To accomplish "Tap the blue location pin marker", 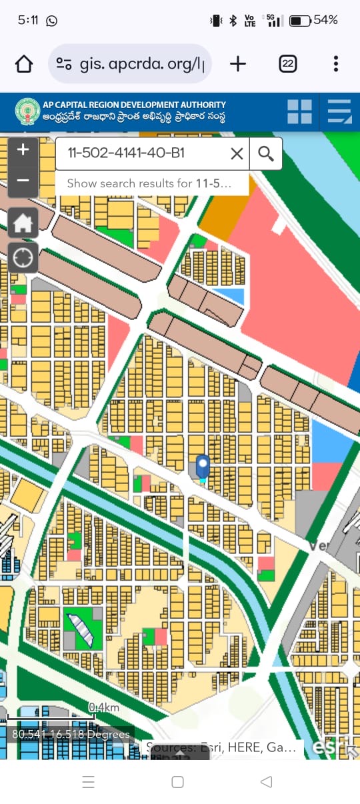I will click(203, 467).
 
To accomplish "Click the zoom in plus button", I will click(23, 149).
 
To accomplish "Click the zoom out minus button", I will click(23, 181).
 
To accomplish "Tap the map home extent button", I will click(23, 223).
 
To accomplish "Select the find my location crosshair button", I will click(23, 257).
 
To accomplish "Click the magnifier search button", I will click(266, 154).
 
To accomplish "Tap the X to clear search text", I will click(237, 154).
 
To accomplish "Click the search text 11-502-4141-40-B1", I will click(127, 154).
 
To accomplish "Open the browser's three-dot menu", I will click(335, 64).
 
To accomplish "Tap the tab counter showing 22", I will click(288, 64).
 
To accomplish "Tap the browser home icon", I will click(24, 64).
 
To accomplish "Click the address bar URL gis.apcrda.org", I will click(140, 64).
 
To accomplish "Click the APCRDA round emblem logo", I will click(27, 111).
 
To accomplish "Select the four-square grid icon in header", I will click(299, 111).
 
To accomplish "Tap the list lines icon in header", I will click(339, 111).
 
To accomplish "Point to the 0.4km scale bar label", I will click(104, 707).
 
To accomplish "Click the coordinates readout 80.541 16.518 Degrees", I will click(71, 735).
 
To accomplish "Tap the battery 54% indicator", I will click(313, 21).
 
